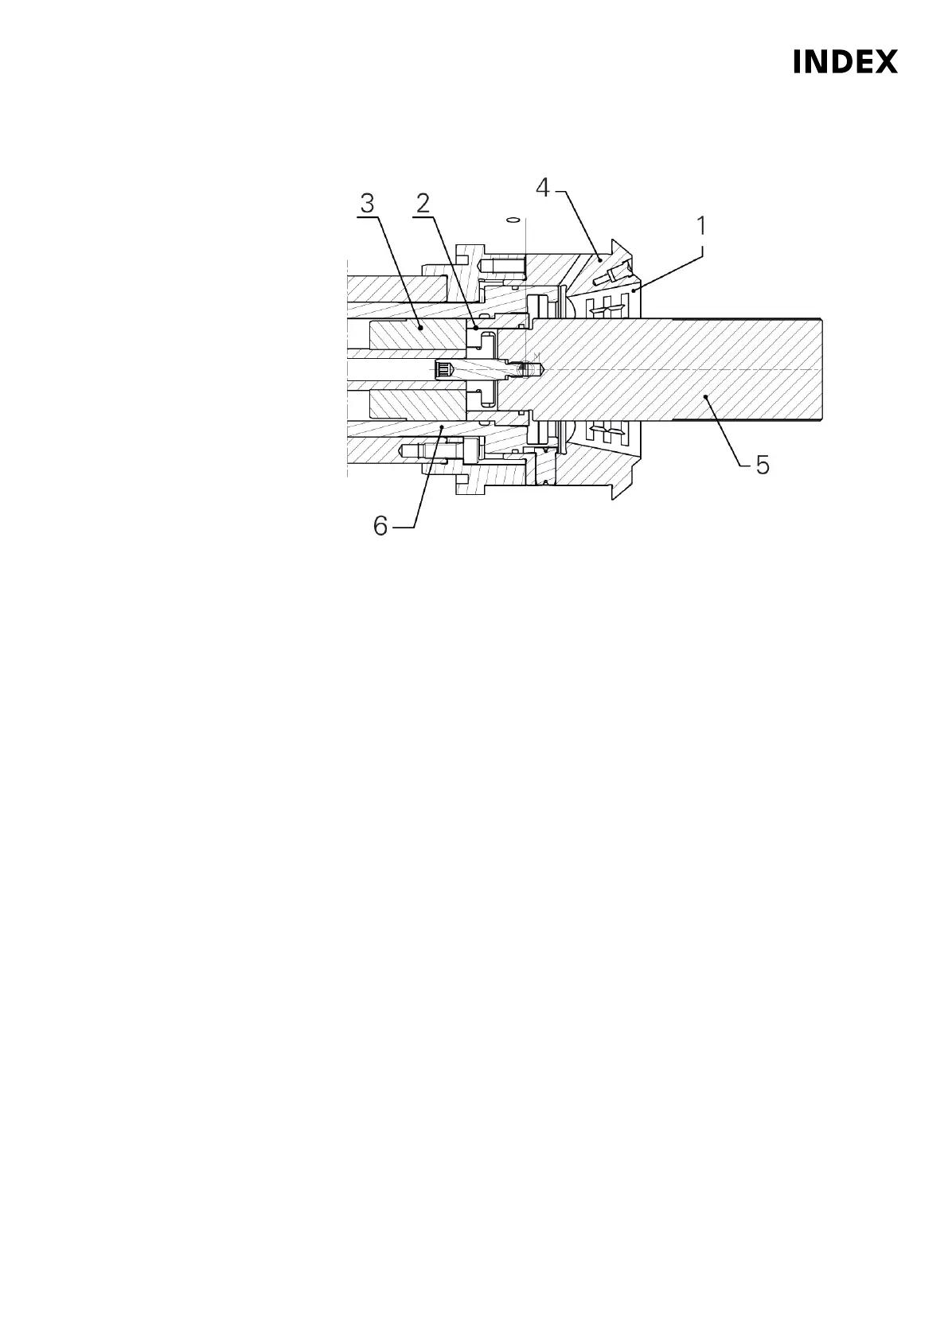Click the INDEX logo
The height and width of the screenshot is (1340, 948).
[845, 62]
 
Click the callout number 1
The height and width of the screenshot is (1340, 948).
[700, 227]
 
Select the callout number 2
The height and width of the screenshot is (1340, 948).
[422, 203]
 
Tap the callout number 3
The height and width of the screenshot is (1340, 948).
[367, 203]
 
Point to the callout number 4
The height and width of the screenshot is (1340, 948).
[542, 189]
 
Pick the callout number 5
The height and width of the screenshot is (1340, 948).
[762, 465]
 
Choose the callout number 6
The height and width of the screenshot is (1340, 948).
[381, 526]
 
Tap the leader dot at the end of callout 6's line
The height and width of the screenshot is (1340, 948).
[442, 427]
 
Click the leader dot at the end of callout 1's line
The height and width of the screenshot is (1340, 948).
[632, 293]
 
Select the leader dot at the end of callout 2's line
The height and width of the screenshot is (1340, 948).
[475, 326]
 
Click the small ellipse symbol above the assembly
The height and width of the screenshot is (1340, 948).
[513, 219]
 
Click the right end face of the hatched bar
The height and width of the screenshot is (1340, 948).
[822, 370]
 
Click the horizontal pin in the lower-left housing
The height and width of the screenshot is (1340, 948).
[426, 451]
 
